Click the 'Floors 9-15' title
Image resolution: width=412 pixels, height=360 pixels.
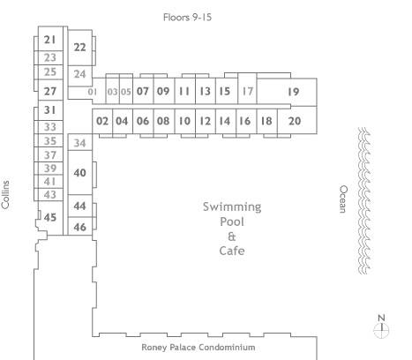click(187, 18)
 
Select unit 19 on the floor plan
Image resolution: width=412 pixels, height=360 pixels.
click(293, 92)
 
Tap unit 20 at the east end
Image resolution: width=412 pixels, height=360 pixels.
click(295, 121)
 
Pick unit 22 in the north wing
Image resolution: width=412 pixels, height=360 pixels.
click(79, 47)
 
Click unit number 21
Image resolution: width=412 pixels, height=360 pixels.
click(49, 40)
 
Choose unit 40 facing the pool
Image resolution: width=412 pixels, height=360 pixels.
click(79, 173)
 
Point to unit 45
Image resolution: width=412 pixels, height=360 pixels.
click(50, 217)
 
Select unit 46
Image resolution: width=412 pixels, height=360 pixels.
click(79, 227)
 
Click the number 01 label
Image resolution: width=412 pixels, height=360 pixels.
click(93, 92)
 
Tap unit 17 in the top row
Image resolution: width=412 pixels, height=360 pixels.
click(248, 91)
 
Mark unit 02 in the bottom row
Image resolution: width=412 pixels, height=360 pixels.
click(102, 121)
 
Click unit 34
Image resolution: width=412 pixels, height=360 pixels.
click(79, 143)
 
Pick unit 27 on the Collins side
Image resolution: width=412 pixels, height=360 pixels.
click(50, 91)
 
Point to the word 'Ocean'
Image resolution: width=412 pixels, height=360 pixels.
click(343, 199)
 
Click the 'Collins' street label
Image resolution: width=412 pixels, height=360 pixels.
click(5, 195)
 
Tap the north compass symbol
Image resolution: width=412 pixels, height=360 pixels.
click(381, 326)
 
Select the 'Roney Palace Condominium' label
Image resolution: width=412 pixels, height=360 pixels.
click(199, 348)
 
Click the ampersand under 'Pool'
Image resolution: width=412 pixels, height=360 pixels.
click(232, 236)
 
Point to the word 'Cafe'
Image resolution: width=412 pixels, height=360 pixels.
click(232, 251)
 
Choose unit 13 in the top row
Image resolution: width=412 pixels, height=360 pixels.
click(205, 91)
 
